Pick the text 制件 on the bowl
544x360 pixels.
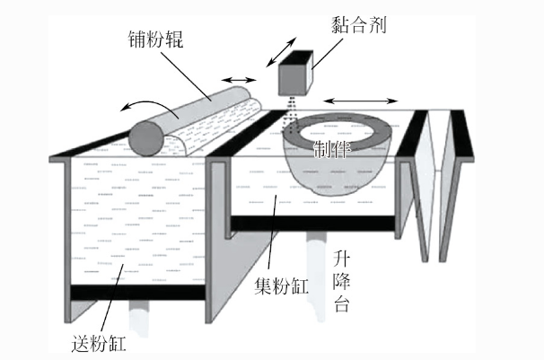point(333,148)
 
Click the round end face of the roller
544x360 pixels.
point(145,138)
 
